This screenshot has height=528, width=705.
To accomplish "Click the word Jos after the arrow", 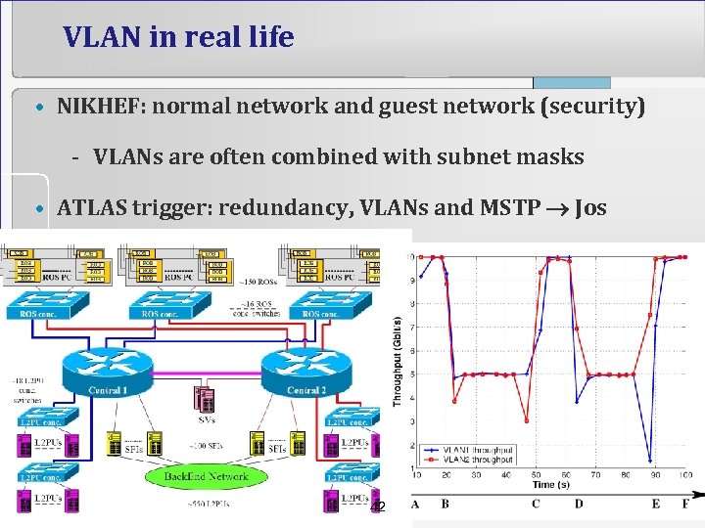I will pos(591,208).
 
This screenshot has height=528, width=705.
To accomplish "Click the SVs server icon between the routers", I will pos(206,399).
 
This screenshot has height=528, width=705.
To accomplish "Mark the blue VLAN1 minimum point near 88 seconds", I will pos(650,460).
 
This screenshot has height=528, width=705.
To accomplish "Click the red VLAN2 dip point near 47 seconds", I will pos(527,421).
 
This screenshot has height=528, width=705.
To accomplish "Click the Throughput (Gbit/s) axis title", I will pos(397,361).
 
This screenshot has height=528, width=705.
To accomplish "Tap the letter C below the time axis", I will pos(536,505).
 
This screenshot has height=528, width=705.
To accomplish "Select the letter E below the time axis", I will pos(655,505).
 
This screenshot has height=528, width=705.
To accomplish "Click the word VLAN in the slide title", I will pos(104,37).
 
